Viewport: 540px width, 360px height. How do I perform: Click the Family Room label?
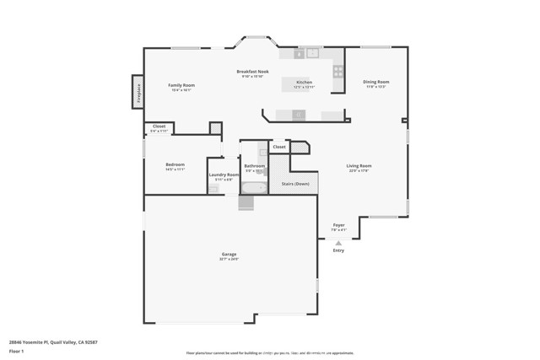pyautogui.click(x=181, y=85)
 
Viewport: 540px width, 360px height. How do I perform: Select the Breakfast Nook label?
pyautogui.click(x=252, y=73)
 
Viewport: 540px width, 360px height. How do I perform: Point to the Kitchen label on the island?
pyautogui.click(x=303, y=83)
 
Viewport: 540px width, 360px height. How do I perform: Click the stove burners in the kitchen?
pyautogui.click(x=337, y=72)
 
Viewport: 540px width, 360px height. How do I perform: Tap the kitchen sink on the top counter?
pyautogui.click(x=313, y=53)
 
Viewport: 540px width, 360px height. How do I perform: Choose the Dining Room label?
pyautogui.click(x=376, y=82)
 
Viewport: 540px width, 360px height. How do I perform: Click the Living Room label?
pyautogui.click(x=359, y=166)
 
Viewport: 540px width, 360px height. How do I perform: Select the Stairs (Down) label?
pyautogui.click(x=294, y=183)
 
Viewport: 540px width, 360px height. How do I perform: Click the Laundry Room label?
pyautogui.click(x=224, y=175)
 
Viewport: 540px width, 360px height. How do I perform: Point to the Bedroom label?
pyautogui.click(x=175, y=164)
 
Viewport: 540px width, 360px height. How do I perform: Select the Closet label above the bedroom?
pyautogui.click(x=159, y=126)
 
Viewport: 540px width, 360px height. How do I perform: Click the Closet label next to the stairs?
pyautogui.click(x=279, y=147)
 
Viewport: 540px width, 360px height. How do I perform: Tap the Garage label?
pyautogui.click(x=229, y=254)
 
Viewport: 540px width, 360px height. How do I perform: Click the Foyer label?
pyautogui.click(x=338, y=225)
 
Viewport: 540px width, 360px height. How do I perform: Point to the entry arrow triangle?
pyautogui.click(x=338, y=243)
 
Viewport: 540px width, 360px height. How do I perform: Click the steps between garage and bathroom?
pyautogui.click(x=246, y=202)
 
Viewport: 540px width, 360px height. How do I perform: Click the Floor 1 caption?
pyautogui.click(x=15, y=350)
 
